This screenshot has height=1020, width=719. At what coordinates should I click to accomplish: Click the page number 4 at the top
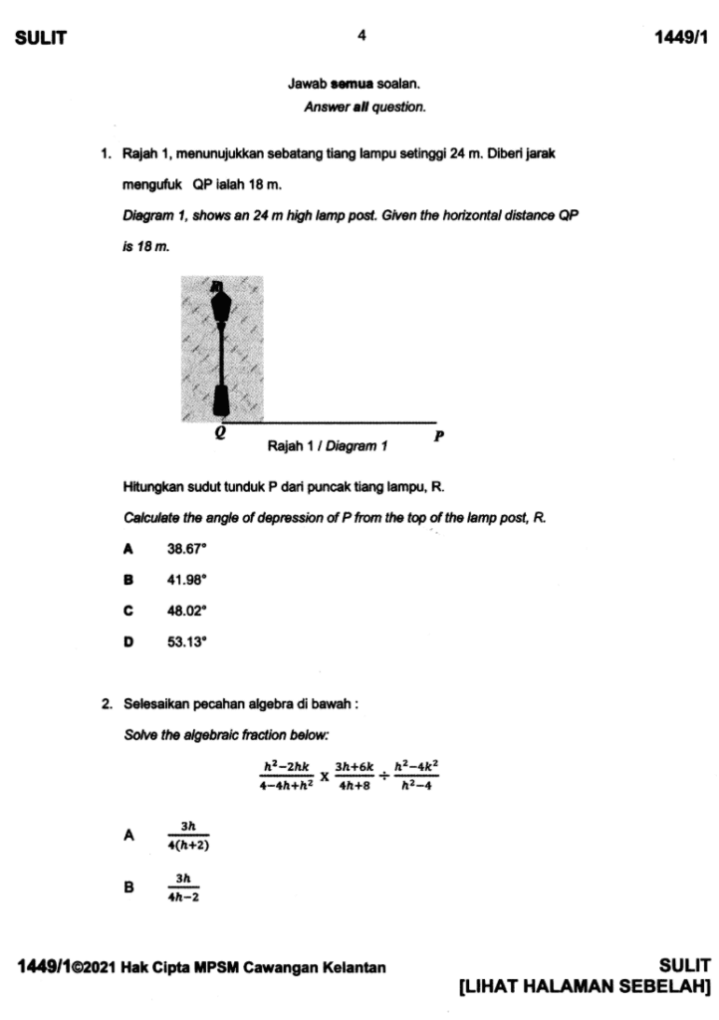coord(361,36)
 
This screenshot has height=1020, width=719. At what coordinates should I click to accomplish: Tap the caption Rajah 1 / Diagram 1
coord(328,446)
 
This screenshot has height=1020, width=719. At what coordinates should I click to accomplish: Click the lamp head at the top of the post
coord(220,299)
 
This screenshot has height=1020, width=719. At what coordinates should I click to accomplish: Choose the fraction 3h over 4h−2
coord(183,887)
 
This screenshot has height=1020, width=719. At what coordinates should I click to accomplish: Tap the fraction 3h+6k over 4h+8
coord(354,774)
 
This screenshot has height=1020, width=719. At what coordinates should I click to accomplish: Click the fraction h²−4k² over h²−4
coord(417,774)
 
